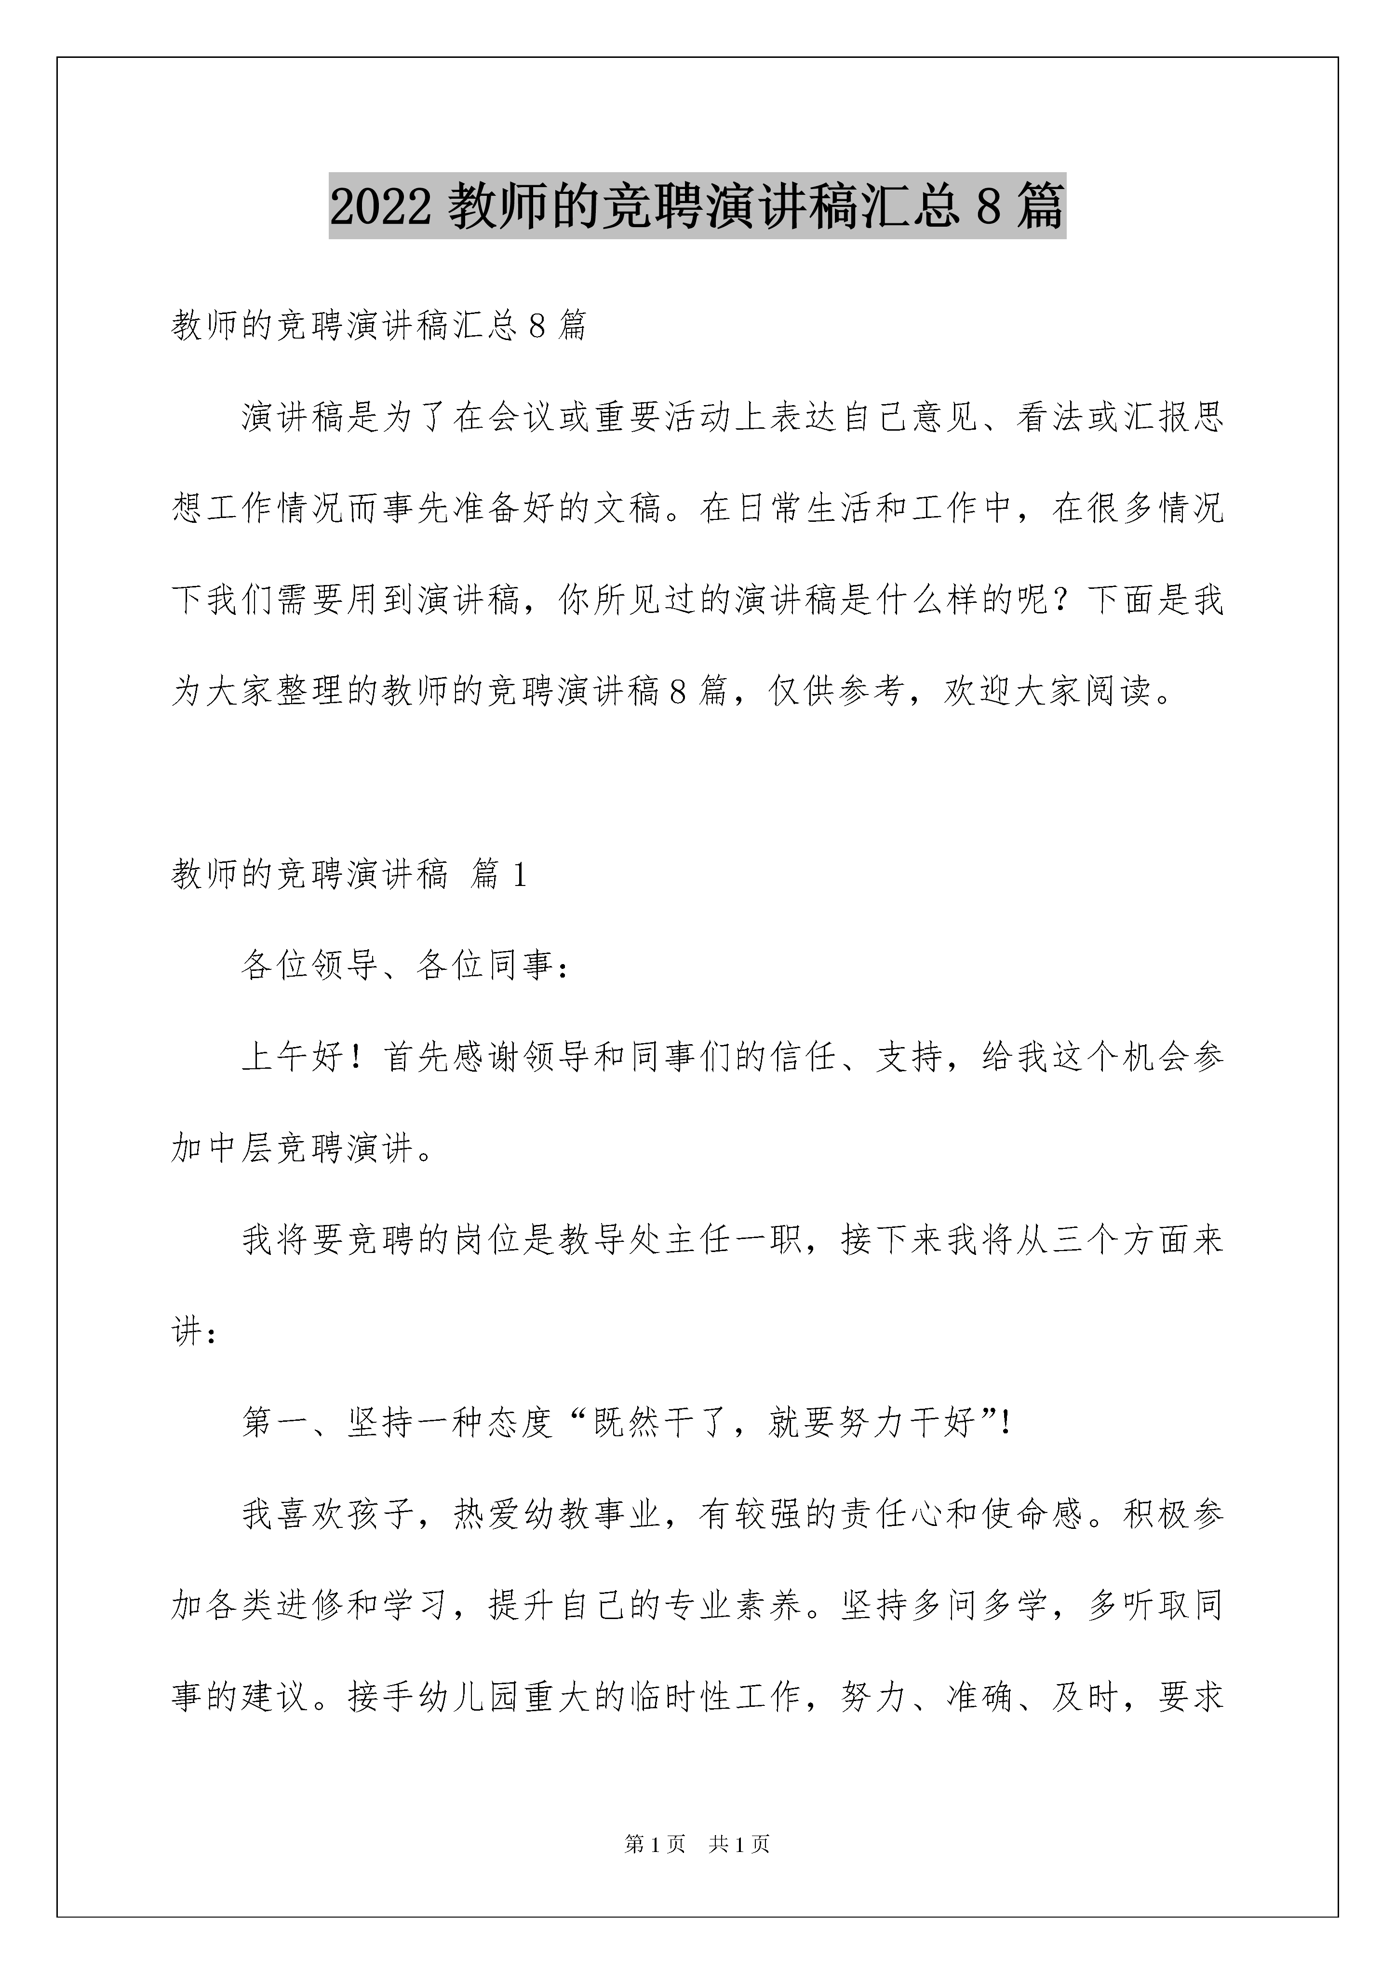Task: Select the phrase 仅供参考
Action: click(838, 690)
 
